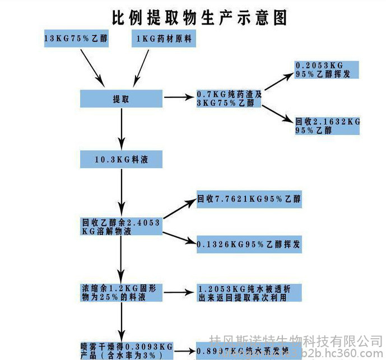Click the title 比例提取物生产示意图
pos(199,16)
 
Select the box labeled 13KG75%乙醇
pos(76,39)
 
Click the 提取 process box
pos(122,99)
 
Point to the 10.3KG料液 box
pos(122,160)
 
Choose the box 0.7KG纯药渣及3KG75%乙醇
pos(229,99)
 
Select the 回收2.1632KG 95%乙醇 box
pos(327,125)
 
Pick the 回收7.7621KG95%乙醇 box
pos(249,199)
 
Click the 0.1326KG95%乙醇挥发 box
pos(249,245)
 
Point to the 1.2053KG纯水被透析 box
pos(249,293)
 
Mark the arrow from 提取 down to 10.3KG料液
pos(122,129)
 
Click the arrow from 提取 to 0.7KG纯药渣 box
pos(179,99)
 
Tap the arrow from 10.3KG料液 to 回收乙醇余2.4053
pos(122,190)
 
